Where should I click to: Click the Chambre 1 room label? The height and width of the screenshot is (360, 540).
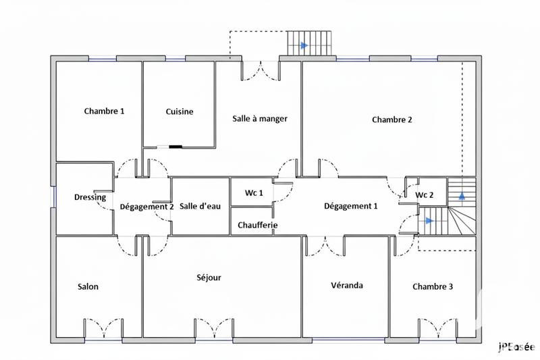(x=104, y=111)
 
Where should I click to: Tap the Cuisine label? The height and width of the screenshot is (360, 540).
(x=180, y=111)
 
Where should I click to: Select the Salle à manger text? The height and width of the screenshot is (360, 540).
(x=261, y=118)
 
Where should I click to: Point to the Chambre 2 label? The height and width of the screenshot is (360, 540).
(x=392, y=120)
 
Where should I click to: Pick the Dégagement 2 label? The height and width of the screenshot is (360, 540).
(x=147, y=207)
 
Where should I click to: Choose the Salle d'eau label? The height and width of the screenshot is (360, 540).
(x=200, y=207)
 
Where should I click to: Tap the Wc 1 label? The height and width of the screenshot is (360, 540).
(x=254, y=193)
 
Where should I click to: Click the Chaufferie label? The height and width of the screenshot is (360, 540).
(x=258, y=225)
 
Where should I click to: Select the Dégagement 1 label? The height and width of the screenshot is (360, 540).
(x=351, y=206)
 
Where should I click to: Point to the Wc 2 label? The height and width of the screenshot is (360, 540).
(x=425, y=195)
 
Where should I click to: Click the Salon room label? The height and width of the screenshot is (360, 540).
(x=88, y=286)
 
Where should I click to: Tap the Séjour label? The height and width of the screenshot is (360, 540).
(x=209, y=277)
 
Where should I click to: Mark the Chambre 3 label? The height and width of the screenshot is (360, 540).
(x=433, y=286)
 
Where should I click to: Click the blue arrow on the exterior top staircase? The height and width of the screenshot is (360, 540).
(x=304, y=45)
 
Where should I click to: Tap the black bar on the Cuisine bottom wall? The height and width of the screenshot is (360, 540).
(x=175, y=146)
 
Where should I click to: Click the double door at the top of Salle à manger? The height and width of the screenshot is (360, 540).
(x=261, y=70)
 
